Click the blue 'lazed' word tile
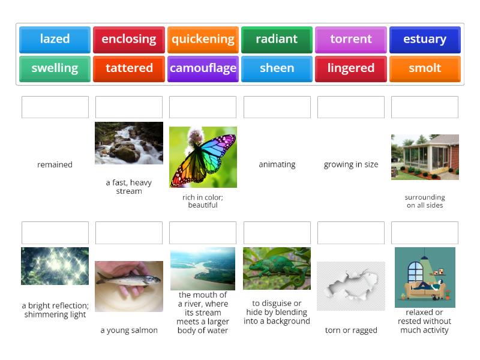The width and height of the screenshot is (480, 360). [x=55, y=40]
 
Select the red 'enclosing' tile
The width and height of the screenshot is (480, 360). [x=129, y=40]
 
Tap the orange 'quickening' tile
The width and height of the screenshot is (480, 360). [x=203, y=40]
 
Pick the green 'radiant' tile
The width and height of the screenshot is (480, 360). [x=277, y=40]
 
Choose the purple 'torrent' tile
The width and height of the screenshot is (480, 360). [x=351, y=40]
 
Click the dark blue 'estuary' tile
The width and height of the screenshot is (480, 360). [x=425, y=40]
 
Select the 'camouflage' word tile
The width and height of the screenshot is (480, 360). [x=203, y=68]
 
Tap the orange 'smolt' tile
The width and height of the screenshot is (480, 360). [x=425, y=68]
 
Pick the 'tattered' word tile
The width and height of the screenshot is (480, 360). [x=129, y=68]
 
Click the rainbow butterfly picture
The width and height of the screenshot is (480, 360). [x=203, y=157]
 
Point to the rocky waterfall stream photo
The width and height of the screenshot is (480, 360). [x=129, y=143]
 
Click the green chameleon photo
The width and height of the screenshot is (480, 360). [x=277, y=268]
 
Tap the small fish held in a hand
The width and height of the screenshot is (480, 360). [x=129, y=286]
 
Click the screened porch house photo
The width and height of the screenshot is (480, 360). [x=425, y=157]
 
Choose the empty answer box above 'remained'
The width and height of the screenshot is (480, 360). [x=55, y=107]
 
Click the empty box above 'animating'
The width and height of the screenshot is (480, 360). [x=277, y=107]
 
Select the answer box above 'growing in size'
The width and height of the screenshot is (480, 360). [x=351, y=107]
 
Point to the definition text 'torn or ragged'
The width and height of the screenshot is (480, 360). [x=351, y=330]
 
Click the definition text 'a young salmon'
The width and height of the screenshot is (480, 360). [x=129, y=330]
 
